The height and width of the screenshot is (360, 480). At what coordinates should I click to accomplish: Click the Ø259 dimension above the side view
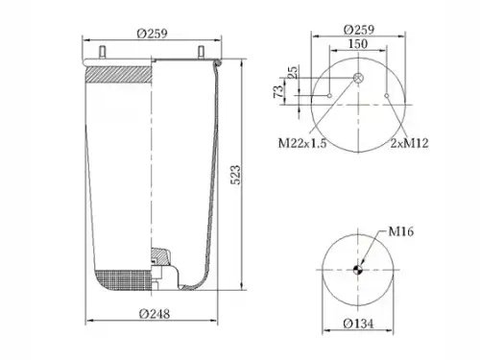153,33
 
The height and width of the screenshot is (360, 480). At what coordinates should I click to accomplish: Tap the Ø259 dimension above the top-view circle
359,30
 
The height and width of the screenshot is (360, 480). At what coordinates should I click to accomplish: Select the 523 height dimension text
235,175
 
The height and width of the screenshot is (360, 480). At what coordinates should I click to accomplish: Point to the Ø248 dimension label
155,314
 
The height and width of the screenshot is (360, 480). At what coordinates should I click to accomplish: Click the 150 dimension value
358,44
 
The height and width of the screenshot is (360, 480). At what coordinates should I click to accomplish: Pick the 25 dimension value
292,72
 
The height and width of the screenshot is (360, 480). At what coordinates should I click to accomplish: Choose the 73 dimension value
278,91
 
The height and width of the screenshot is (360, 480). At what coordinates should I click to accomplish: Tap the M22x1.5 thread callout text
302,143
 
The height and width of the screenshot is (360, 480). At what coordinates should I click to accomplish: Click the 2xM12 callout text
409,143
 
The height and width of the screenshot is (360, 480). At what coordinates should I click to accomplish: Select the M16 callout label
401,231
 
